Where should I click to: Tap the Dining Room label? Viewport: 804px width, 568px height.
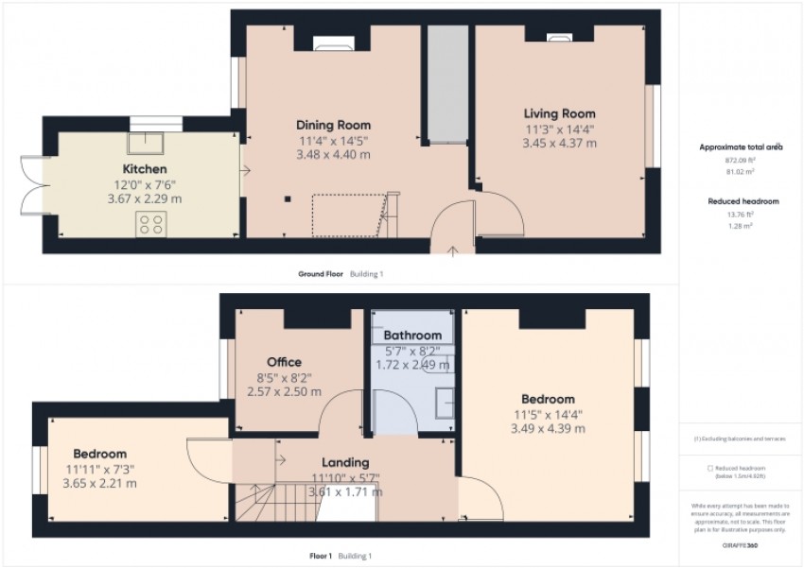(333, 125)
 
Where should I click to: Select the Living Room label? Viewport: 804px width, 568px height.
(561, 114)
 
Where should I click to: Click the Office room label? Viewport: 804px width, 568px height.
(284, 362)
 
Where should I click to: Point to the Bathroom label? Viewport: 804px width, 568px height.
(412, 336)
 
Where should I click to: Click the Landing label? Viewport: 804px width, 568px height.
(344, 462)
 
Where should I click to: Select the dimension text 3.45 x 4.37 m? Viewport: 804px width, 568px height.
(560, 144)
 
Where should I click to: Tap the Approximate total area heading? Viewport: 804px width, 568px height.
(741, 147)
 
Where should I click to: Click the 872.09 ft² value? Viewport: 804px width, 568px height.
(741, 161)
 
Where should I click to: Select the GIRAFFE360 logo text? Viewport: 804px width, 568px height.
(741, 545)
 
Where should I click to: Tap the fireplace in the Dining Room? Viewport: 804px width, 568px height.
(333, 41)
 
